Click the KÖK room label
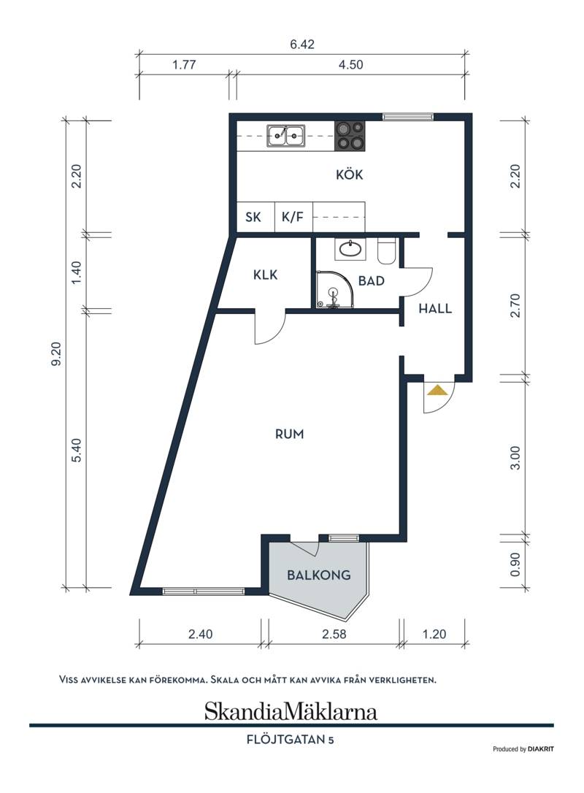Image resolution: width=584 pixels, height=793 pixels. pos(350,175)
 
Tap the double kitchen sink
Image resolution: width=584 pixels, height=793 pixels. pos(286,136)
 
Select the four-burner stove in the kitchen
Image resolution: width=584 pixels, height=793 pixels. pos(350,136)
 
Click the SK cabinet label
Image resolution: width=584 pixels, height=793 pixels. pos(253,217)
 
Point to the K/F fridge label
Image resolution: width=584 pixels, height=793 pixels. pos(293,217)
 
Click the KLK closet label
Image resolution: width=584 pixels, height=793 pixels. pos(266,275)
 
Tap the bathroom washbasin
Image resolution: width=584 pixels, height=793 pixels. pos(350,248)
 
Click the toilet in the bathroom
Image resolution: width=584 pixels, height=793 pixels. pos(386,250)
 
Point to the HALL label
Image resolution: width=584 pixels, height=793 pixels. pos(435,308)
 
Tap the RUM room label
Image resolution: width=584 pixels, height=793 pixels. pos(290,434)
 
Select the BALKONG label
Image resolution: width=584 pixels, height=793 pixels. pos(318,575)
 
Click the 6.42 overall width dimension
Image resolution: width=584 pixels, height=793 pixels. pos(302,44)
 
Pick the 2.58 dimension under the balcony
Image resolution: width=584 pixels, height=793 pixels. pos(334,634)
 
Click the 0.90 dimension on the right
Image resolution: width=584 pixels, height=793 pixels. pos(515,564)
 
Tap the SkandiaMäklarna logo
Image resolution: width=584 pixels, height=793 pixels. pos(291,711)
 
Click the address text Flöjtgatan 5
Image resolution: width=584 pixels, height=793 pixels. pos(291,740)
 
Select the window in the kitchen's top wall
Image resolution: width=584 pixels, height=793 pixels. pos(408,117)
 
